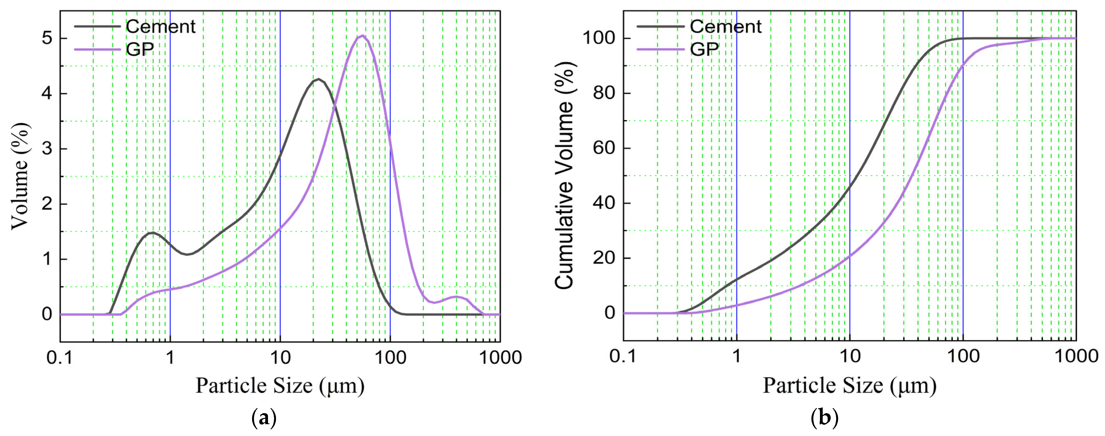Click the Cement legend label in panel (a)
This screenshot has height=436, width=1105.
pyautogui.click(x=161, y=27)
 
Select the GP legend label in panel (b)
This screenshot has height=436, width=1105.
pyautogui.click(x=704, y=49)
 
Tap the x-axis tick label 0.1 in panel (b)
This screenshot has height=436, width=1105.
pyautogui.click(x=623, y=356)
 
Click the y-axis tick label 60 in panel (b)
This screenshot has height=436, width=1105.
pyautogui.click(x=604, y=148)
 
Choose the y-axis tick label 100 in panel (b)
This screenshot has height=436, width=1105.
pyautogui.click(x=599, y=38)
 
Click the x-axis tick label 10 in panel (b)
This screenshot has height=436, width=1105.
pyautogui.click(x=849, y=356)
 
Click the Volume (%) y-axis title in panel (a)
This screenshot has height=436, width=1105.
pyautogui.click(x=20, y=176)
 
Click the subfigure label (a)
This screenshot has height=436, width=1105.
pyautogui.click(x=263, y=418)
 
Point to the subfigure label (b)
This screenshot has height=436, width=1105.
pyautogui.click(x=824, y=418)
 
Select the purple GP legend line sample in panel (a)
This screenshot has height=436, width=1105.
pyautogui.click(x=97, y=49)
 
